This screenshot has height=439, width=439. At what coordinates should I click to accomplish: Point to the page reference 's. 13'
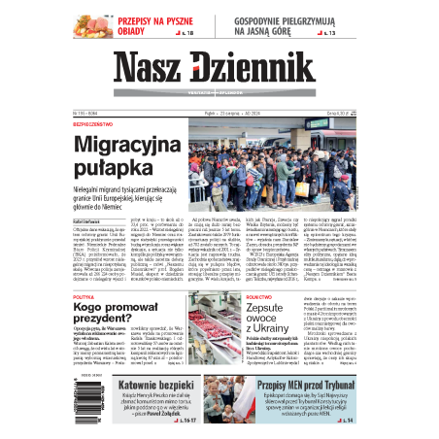click(x=330, y=34)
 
